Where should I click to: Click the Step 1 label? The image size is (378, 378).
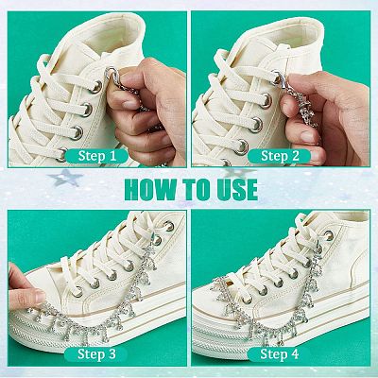coord(97,156)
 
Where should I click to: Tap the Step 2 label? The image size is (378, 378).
coord(280,156)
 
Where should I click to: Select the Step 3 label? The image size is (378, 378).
coord(96,354)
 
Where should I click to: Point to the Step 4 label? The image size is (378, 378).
coord(279,354)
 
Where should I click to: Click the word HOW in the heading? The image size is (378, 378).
coord(149,190)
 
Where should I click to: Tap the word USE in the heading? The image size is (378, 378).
coord(237,190)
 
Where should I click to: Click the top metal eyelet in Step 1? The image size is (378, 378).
coord(95,87)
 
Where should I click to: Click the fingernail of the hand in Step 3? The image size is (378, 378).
coord(40,296)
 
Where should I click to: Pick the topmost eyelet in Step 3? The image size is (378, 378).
coord(169,226)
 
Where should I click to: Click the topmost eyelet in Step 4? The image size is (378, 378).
coord(329,235)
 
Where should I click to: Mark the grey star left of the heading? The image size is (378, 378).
coord(65,177)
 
